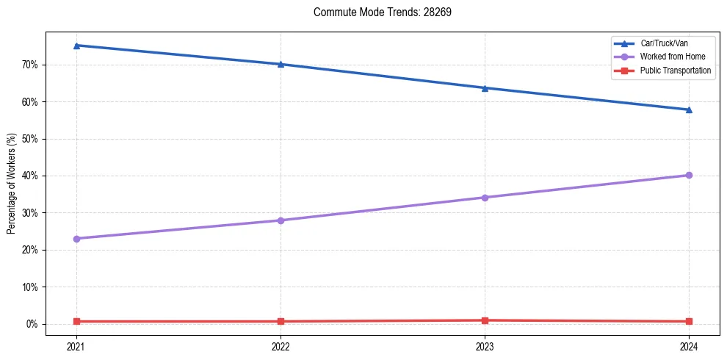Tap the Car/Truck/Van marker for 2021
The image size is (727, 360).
pos(76,46)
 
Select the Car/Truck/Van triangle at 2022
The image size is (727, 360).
pos(281,64)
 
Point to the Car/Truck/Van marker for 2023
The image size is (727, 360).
pos(485,88)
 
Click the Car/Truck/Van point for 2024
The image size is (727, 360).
pos(689,109)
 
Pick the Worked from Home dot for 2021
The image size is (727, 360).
pos(76,239)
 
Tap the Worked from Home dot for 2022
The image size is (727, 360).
pos(281,220)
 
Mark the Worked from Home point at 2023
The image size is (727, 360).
pos(485,198)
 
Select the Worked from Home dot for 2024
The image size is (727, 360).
pos(689,175)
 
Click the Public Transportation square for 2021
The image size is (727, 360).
pos(76,321)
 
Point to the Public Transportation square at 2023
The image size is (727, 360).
pos(485,320)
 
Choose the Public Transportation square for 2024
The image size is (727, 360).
pos(689,321)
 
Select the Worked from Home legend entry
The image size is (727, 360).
pos(669,57)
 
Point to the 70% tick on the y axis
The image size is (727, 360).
pos(31,65)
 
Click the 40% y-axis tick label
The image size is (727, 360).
pos(31,176)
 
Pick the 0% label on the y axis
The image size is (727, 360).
pos(33,324)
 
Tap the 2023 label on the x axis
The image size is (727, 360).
pos(485,346)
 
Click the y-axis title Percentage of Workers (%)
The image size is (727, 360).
pos(12,184)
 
